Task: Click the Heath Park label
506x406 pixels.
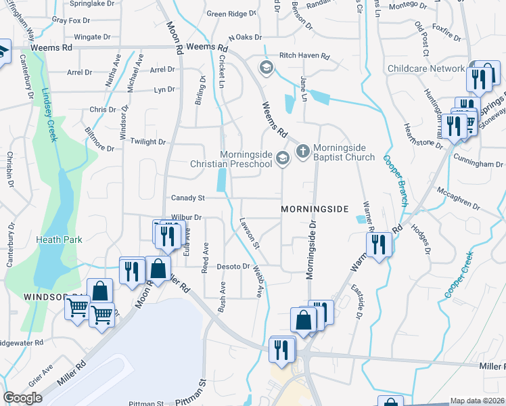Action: pyautogui.click(x=60, y=240)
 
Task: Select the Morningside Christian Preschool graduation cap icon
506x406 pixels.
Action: pyautogui.click(x=282, y=159)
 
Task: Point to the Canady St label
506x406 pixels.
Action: pyautogui.click(x=187, y=198)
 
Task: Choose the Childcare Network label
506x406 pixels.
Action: pyautogui.click(x=426, y=69)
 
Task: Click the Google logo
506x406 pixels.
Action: pyautogui.click(x=23, y=398)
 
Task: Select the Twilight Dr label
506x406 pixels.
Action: pyautogui.click(x=148, y=142)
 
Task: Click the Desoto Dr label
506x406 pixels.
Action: pyautogui.click(x=233, y=267)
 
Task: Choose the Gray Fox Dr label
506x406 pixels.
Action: pyautogui.click(x=70, y=20)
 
